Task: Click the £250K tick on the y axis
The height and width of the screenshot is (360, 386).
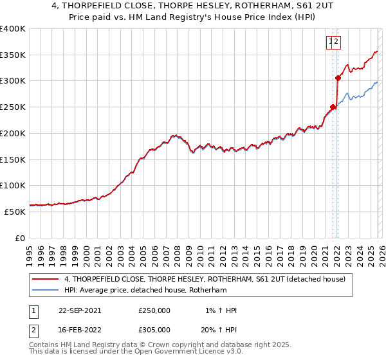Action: pos(13,107)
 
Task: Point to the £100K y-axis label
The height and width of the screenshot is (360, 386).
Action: pos(13,185)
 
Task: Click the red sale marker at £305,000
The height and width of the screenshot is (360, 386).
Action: pos(338,78)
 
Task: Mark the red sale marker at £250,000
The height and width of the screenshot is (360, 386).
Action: pos(333,107)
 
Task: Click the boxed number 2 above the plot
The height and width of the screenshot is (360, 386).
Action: pos(336,42)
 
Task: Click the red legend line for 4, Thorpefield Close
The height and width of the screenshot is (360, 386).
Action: pos(46,279)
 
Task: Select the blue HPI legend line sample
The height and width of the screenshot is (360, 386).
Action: pos(46,291)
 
